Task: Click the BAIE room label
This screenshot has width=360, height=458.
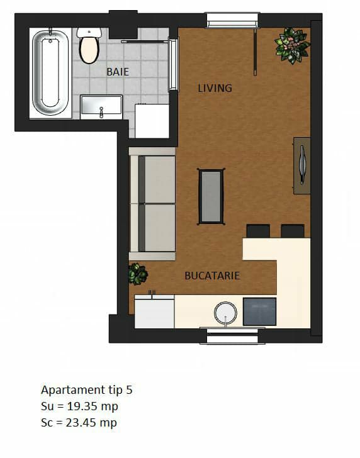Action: (118, 72)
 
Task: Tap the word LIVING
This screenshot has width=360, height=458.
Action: (215, 88)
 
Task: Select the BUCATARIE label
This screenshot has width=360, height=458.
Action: (212, 276)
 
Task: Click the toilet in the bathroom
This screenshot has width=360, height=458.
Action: (89, 45)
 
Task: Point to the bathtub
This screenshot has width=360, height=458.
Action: (50, 73)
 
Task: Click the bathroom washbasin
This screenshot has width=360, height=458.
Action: (101, 106)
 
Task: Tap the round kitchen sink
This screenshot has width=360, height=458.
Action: (225, 313)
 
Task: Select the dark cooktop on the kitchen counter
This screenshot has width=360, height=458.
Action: (259, 311)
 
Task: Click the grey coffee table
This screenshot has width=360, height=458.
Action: (211, 196)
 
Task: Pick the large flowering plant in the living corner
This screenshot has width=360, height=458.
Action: (292, 45)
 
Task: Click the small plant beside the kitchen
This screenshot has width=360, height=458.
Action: (138, 274)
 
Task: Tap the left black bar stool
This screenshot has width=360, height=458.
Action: (258, 231)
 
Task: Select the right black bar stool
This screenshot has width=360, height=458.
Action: (293, 231)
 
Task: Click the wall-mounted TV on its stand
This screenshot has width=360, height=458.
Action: (302, 165)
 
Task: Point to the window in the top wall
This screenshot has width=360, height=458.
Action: (233, 20)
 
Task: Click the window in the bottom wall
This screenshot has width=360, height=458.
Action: (233, 335)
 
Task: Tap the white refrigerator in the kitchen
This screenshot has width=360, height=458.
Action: (154, 311)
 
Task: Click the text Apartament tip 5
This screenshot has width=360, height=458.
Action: (87, 390)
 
